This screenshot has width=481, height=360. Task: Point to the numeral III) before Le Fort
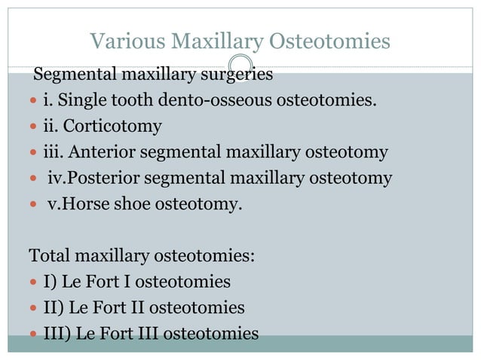coord(57,333)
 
